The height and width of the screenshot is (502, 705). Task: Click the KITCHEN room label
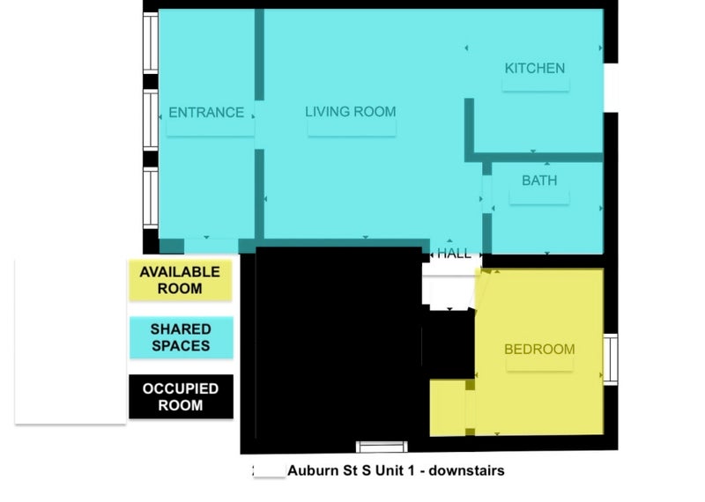[535, 69]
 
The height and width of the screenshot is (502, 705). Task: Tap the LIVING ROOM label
[351, 112]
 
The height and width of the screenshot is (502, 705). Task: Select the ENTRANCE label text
[206, 113]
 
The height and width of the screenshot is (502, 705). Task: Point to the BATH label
[539, 181]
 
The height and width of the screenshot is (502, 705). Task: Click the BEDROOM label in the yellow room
[539, 349]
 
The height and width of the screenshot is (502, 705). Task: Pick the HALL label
[454, 254]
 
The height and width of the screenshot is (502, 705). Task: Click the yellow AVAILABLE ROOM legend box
[181, 280]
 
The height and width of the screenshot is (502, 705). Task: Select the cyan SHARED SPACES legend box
[182, 337]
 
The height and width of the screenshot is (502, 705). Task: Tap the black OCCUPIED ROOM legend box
[182, 397]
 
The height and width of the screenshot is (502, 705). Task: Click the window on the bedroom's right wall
[610, 359]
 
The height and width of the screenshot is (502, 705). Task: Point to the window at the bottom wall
[382, 447]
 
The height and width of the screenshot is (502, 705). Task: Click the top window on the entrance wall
[151, 42]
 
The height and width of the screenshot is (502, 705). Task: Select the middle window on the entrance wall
[151, 120]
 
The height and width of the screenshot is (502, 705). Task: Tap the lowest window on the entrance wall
[151, 198]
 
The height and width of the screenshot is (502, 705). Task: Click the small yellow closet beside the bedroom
[448, 408]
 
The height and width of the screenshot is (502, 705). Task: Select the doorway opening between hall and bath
[487, 194]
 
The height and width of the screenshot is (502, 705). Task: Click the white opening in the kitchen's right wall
[611, 88]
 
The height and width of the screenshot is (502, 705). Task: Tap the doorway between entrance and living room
[259, 125]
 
